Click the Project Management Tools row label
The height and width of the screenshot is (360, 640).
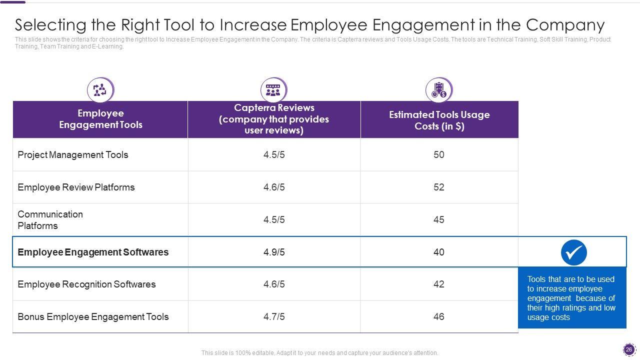click(73, 155)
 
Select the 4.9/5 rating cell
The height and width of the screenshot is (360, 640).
click(274, 252)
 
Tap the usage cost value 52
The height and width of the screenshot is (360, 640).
click(439, 187)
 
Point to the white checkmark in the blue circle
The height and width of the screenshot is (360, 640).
click(574, 252)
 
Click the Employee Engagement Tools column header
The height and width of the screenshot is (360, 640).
click(100, 119)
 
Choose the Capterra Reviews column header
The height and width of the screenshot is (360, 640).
click(274, 119)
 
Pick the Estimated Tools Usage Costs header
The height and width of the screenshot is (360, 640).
click(439, 120)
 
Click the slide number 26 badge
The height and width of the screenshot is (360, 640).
click(629, 349)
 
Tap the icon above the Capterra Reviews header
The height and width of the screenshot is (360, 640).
click(273, 90)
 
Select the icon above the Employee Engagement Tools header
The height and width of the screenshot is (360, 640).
click(100, 90)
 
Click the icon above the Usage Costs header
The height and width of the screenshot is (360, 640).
click(438, 90)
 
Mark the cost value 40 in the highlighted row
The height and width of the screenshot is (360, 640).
click(439, 252)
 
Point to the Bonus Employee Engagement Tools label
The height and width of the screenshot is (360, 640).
click(93, 316)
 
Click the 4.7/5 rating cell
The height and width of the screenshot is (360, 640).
click(274, 316)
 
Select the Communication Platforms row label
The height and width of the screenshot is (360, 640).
click(50, 220)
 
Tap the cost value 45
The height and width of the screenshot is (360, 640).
click(439, 219)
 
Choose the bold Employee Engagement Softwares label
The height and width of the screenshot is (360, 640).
click(93, 252)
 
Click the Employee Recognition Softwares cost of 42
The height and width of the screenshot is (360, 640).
click(439, 284)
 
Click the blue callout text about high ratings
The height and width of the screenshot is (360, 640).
click(571, 298)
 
